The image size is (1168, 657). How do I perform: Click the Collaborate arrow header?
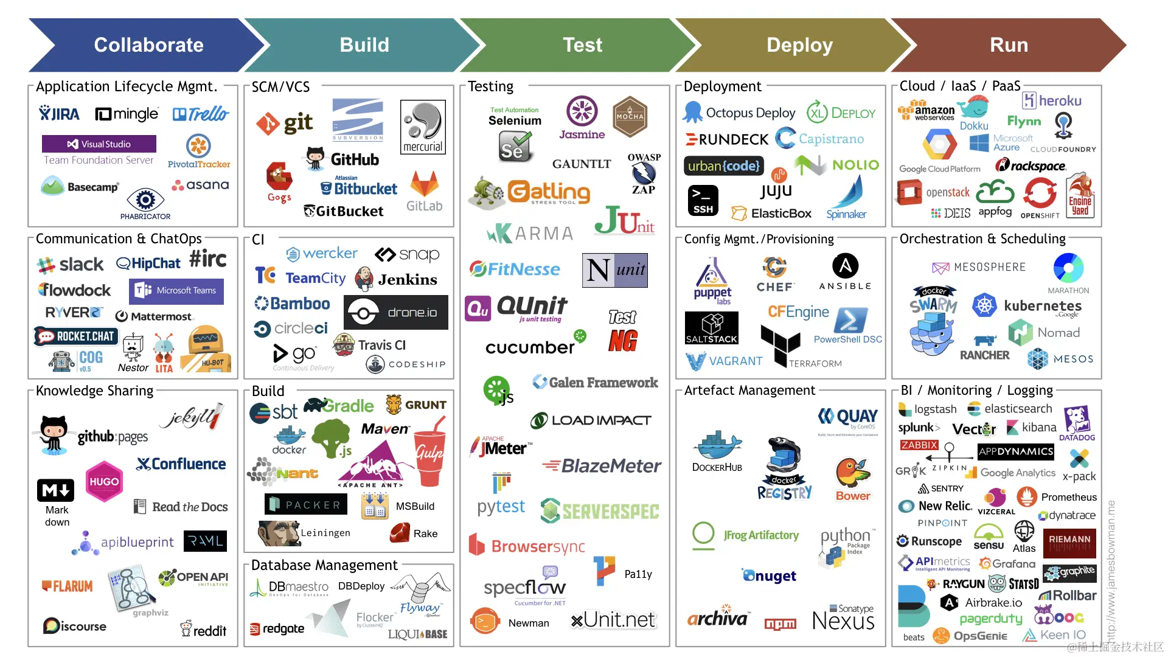(x=148, y=45)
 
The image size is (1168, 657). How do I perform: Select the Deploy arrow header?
(x=799, y=45)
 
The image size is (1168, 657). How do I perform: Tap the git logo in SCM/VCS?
(x=285, y=123)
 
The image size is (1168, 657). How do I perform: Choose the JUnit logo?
(x=624, y=221)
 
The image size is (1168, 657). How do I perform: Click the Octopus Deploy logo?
(x=739, y=113)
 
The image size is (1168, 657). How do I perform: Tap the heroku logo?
(x=1052, y=100)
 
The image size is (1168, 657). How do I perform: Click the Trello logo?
(x=201, y=114)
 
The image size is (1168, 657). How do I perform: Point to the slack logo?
(x=71, y=265)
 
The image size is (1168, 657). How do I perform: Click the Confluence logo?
(x=181, y=464)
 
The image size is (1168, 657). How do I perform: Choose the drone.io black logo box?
(x=396, y=312)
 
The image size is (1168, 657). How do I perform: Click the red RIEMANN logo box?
(x=1069, y=543)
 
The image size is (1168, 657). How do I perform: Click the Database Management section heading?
(x=324, y=565)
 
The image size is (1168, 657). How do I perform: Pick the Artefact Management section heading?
(x=749, y=391)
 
